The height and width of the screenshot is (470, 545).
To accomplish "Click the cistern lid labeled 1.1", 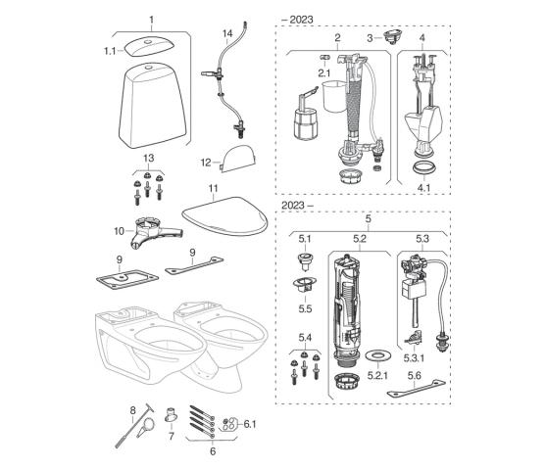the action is click(x=149, y=46).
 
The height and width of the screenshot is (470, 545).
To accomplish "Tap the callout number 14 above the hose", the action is click(x=227, y=33).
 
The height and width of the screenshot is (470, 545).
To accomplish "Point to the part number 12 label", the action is click(x=206, y=163).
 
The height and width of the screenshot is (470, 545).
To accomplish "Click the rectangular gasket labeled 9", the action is click(x=127, y=279).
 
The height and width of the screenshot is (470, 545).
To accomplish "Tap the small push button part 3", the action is click(x=393, y=36).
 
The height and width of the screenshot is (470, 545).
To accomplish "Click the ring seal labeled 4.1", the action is click(x=423, y=168).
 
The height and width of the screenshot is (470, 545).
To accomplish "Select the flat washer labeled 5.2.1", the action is click(x=377, y=356).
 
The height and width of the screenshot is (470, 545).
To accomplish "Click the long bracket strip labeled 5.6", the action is click(x=416, y=389).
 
